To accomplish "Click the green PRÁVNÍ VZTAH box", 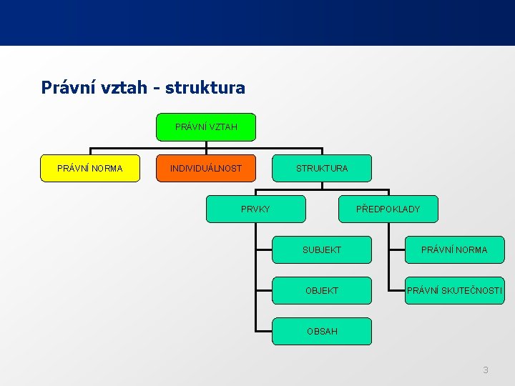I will click(206, 127).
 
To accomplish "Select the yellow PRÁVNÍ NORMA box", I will click(90, 169).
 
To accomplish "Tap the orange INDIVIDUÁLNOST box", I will click(206, 169).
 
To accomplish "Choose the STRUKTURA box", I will click(322, 169).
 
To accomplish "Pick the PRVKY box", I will click(255, 209).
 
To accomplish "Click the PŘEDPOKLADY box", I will click(388, 209).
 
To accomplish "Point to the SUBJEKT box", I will click(322, 250).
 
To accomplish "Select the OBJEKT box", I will click(322, 291).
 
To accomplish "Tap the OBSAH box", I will click(322, 331).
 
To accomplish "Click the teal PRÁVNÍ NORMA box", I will click(454, 250).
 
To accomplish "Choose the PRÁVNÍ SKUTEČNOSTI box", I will click(454, 291).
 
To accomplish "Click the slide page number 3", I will click(486, 370).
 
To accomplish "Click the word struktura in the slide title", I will click(205, 88).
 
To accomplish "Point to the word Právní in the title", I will click(65, 88).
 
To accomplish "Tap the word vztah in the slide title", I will click(122, 88).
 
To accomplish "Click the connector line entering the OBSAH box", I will click(263, 332).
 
